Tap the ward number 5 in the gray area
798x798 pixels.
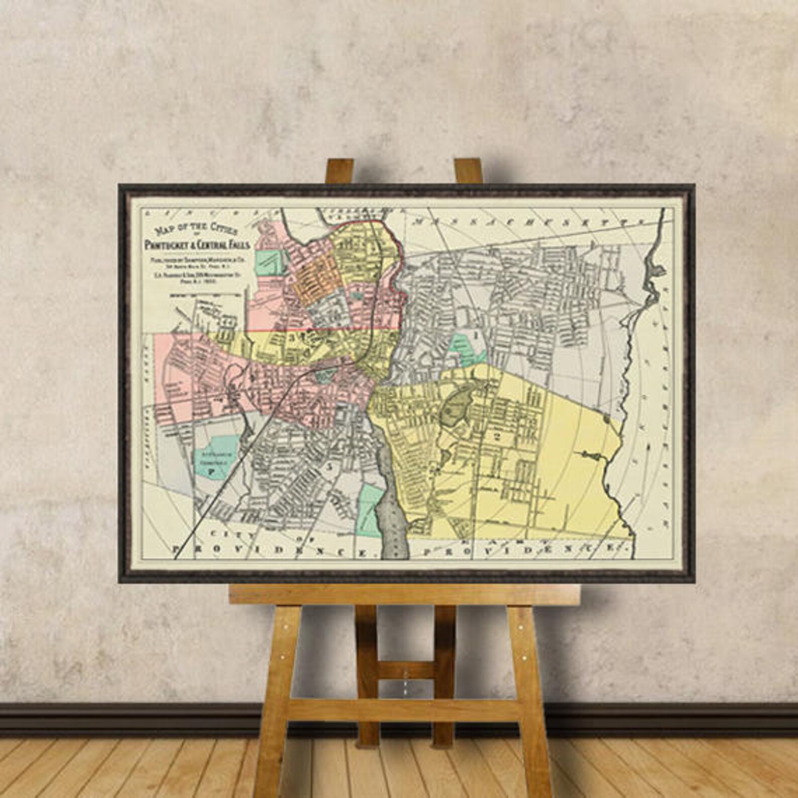point(330,466)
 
